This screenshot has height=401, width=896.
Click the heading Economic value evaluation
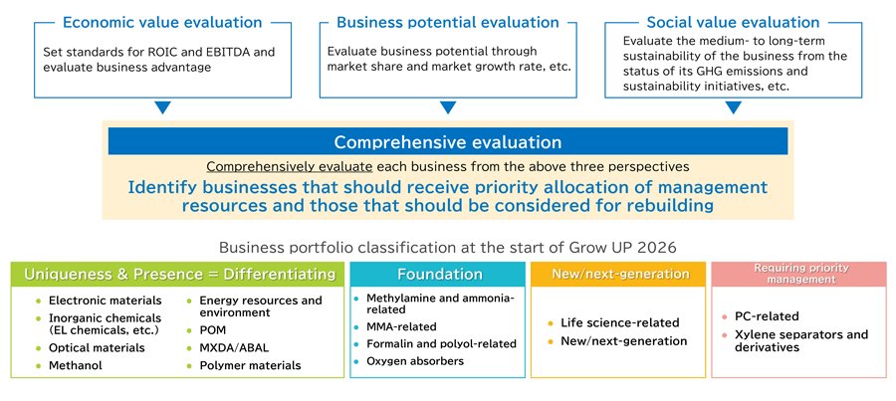pos(162,22)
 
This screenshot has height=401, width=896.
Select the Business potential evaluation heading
pos(448,22)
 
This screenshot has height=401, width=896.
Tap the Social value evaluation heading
pos(733,22)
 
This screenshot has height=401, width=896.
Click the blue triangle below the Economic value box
pos(162,107)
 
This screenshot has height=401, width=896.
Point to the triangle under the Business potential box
pos(448,107)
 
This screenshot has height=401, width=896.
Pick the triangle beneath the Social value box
pos(733,107)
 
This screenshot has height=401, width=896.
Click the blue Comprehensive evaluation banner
pos(447,142)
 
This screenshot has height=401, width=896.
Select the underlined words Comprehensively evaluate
pos(289,167)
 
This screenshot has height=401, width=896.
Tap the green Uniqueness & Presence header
pos(179,274)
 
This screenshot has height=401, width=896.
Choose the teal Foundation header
pos(438,274)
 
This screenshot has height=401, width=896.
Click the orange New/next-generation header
pos(620,274)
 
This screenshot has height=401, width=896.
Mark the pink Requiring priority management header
pos(798,274)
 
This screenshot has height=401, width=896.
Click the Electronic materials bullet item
pos(105,301)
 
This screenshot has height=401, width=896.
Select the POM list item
pos(212,330)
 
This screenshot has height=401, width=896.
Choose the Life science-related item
pos(619,322)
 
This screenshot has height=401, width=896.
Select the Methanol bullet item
pos(75,365)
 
